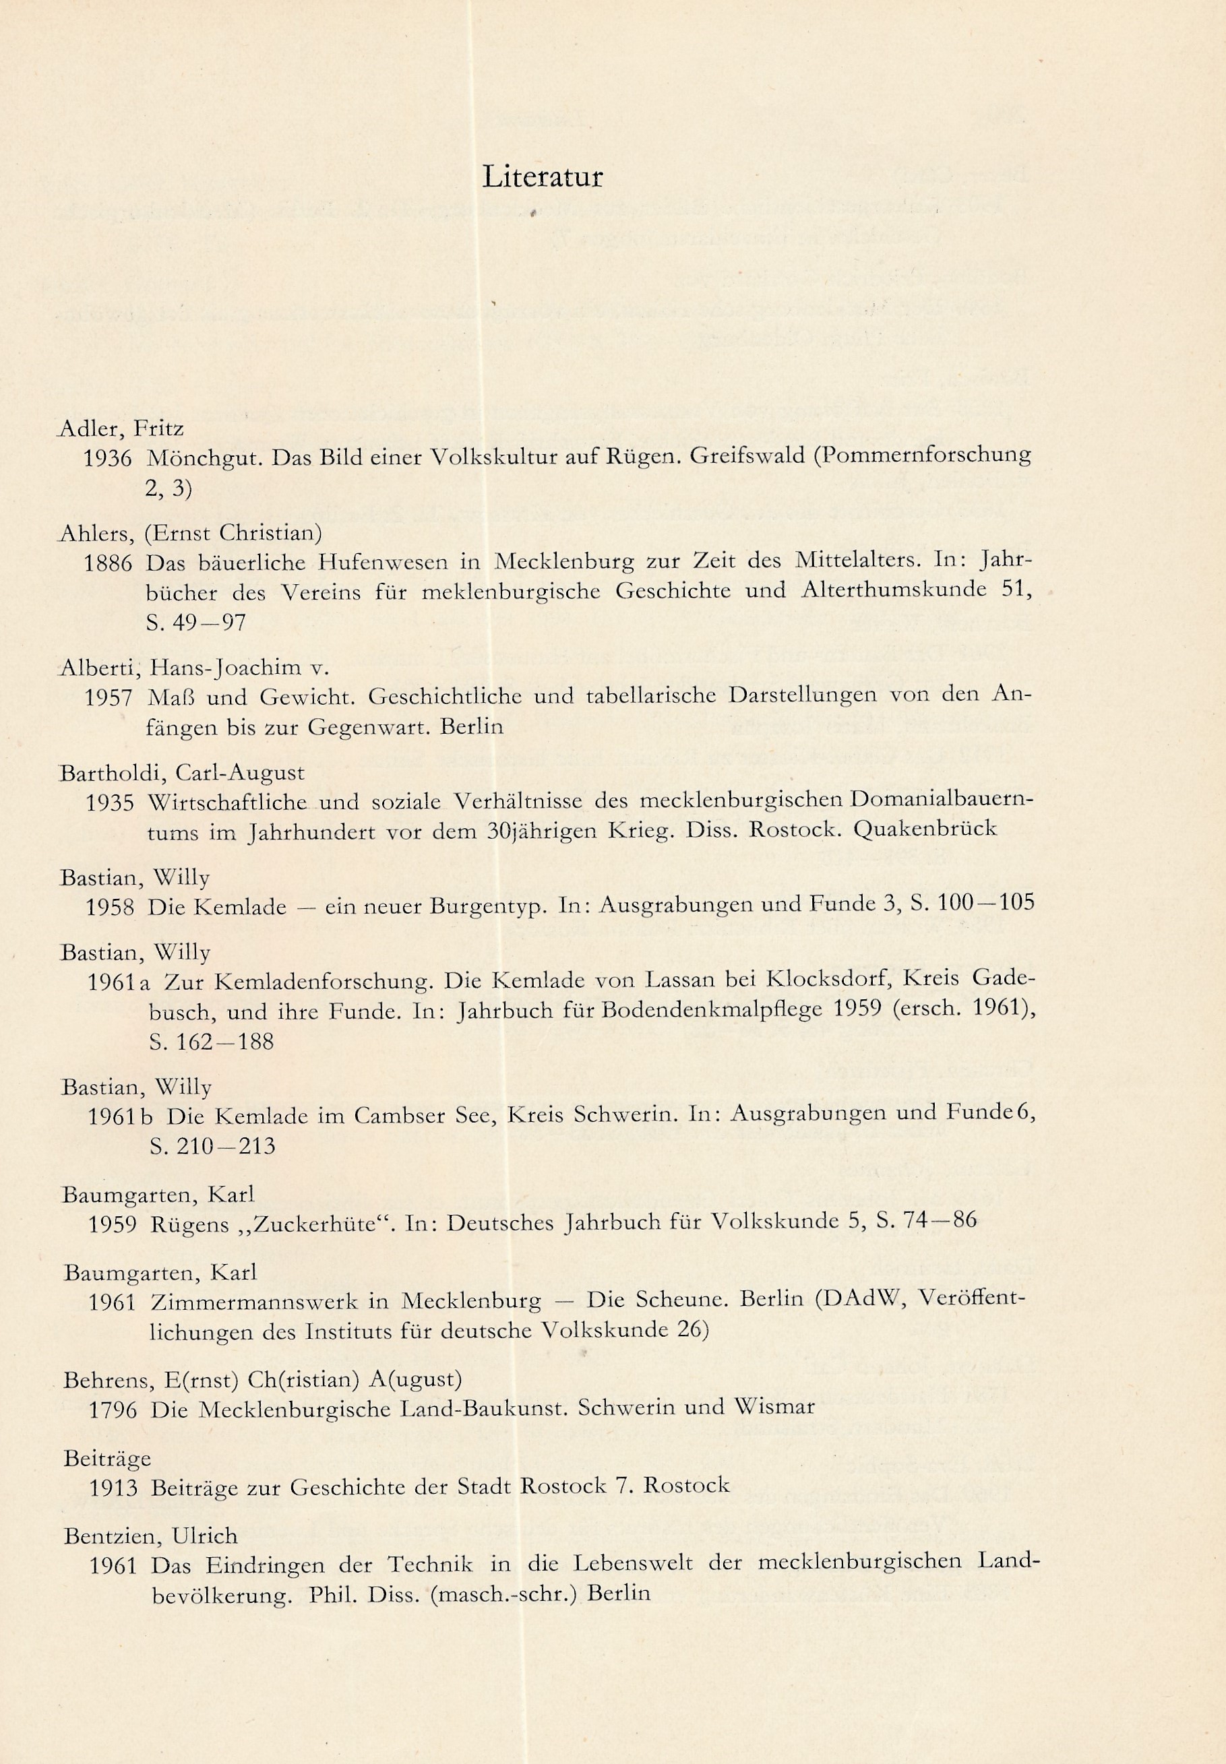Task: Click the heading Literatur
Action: pyautogui.click(x=543, y=177)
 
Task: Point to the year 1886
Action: pyautogui.click(x=108, y=563)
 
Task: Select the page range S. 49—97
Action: pyautogui.click(x=196, y=622)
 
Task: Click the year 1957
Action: pyautogui.click(x=109, y=698)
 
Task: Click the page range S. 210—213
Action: pyautogui.click(x=214, y=1147)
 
